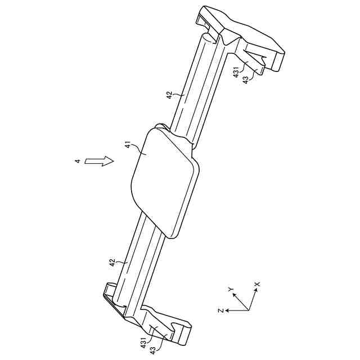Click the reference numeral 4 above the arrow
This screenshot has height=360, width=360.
click(x=77, y=162)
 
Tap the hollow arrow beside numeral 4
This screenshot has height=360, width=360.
click(x=98, y=161)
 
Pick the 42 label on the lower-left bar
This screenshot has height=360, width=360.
click(x=112, y=263)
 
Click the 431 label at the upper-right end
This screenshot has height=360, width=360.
click(x=237, y=72)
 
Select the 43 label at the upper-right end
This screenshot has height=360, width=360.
click(x=245, y=80)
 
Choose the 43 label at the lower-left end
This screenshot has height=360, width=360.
click(x=152, y=349)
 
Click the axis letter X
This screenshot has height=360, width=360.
click(x=257, y=285)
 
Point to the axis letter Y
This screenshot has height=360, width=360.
click(x=231, y=289)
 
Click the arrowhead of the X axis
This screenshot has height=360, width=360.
click(x=255, y=292)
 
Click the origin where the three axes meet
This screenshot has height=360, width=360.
click(x=247, y=310)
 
